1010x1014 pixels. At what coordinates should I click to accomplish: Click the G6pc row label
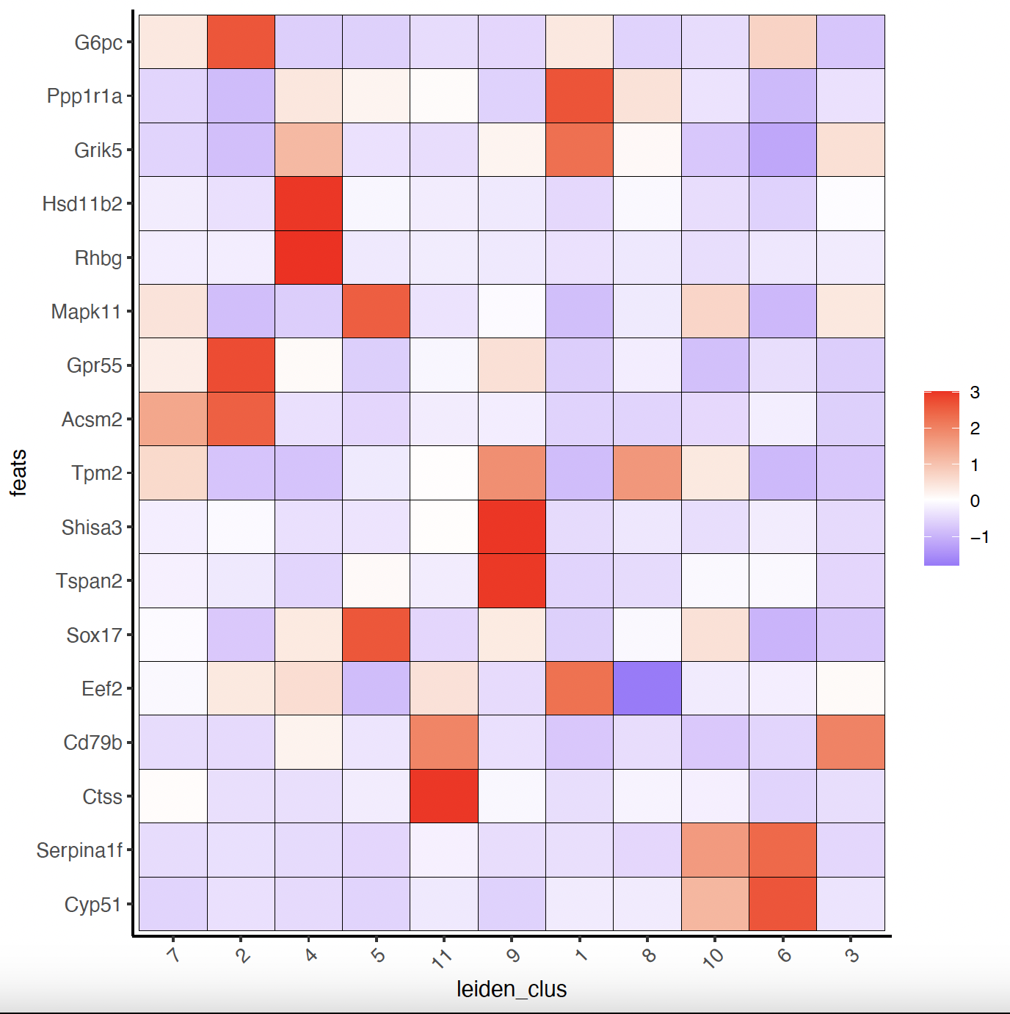[x=98, y=43]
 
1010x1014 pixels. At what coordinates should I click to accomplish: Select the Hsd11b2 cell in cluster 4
[x=308, y=203]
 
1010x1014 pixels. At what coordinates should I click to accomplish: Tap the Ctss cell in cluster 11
[x=444, y=796]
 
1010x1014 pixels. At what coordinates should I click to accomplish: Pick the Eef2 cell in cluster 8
[x=647, y=688]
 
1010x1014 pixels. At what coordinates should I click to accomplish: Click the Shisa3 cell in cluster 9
[x=512, y=527]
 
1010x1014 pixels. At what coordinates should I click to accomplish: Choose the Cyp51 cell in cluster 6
[x=782, y=904]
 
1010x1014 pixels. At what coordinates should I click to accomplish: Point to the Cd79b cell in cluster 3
[x=851, y=743]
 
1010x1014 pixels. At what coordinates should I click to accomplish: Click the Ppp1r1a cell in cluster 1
[x=579, y=95]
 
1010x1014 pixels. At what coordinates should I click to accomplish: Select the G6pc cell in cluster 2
[x=241, y=43]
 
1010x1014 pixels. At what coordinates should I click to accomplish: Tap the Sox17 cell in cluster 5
[x=376, y=635]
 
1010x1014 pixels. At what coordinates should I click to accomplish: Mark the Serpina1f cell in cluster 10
[x=715, y=850]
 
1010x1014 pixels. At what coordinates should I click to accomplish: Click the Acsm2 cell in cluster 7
[x=173, y=419]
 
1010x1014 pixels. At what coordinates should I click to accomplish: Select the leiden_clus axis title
[x=512, y=989]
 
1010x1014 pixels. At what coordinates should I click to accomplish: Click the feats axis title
[x=18, y=473]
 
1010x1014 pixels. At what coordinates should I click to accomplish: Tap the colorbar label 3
[x=975, y=393]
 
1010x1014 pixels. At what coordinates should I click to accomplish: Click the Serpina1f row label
[x=79, y=850]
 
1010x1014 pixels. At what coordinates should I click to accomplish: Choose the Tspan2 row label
[x=89, y=581]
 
